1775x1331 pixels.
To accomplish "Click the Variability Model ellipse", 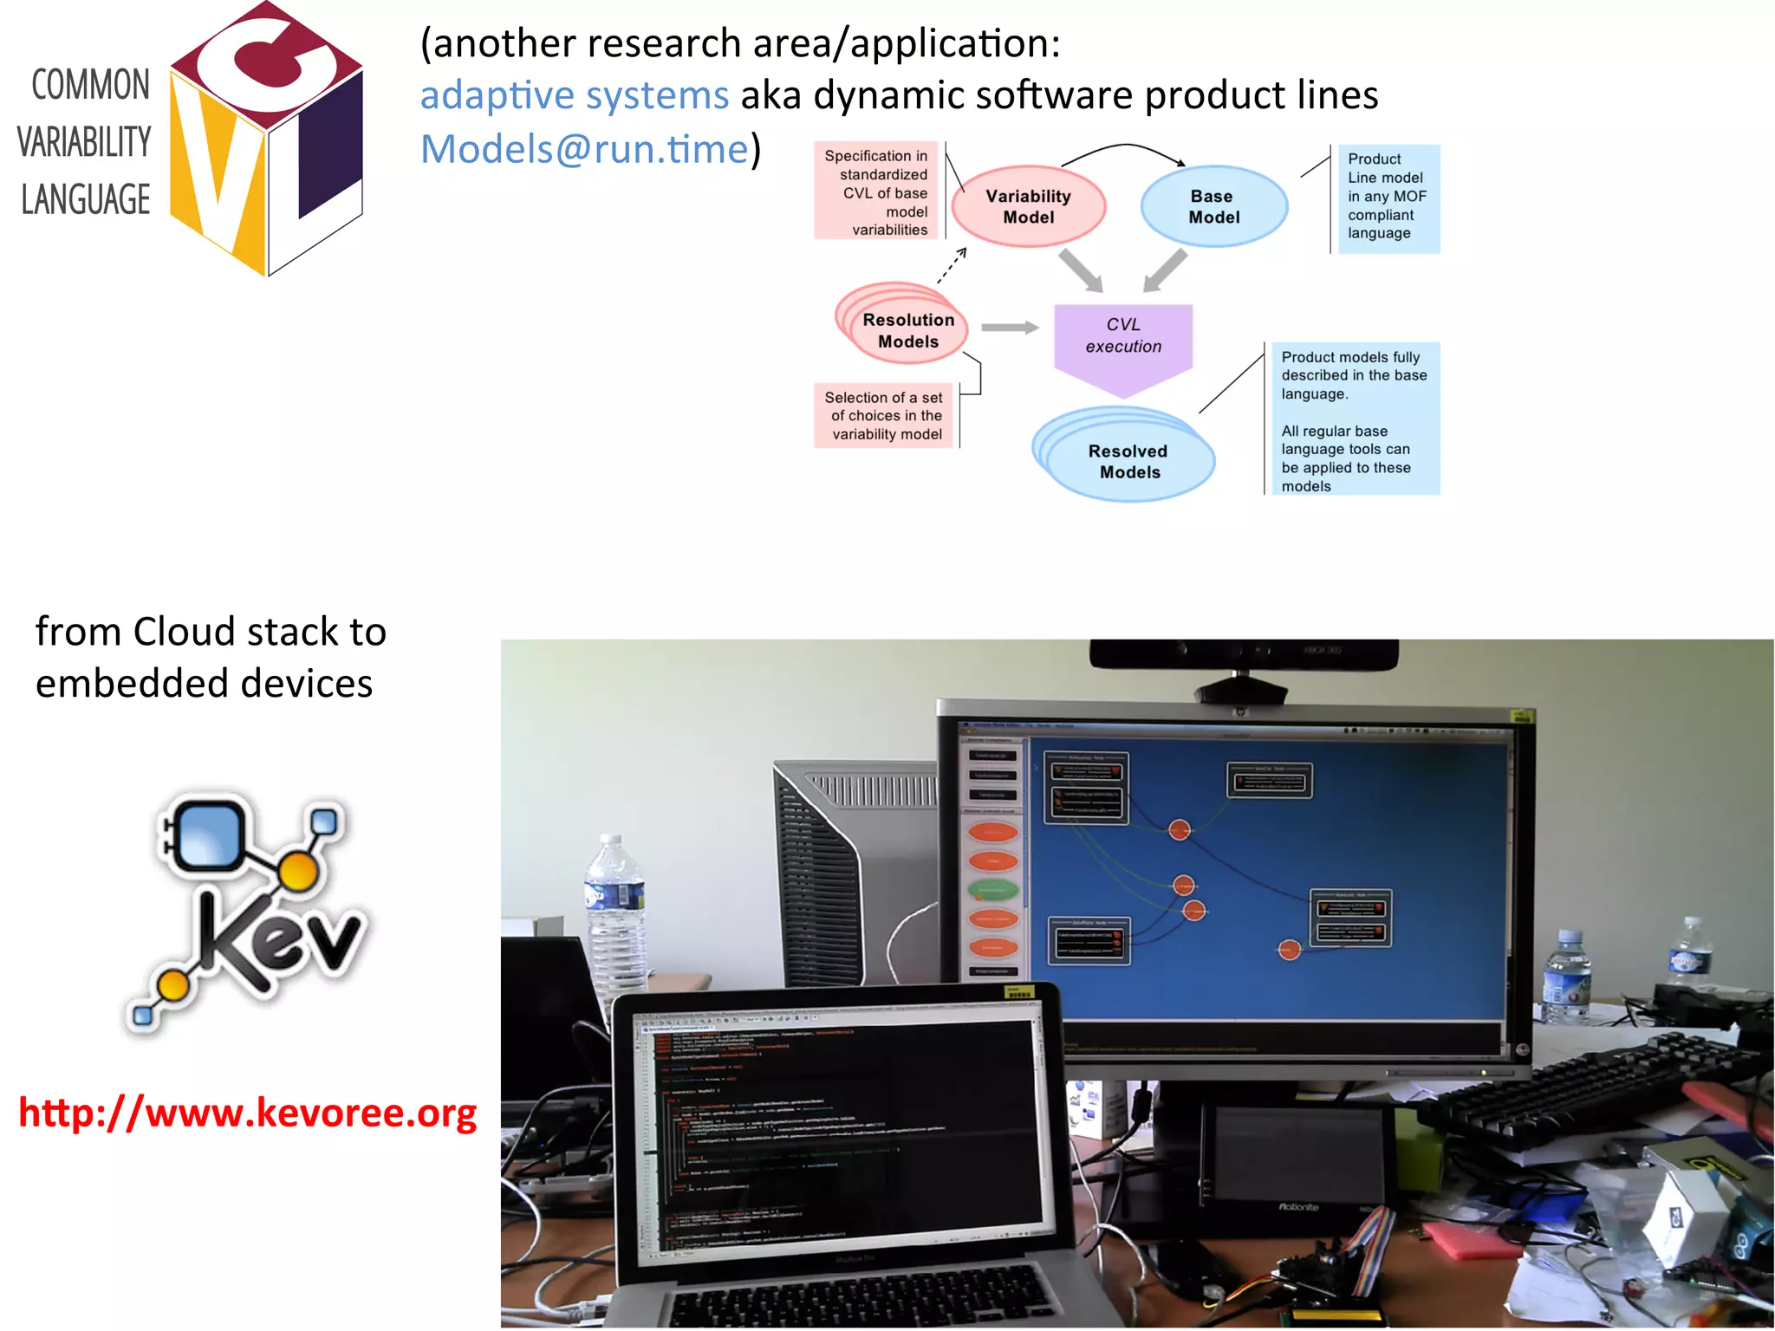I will [x=1028, y=206].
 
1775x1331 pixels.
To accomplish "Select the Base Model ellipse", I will [x=1213, y=206].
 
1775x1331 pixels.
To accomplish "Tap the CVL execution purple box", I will [x=1123, y=338].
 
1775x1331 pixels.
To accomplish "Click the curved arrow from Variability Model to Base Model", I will [x=1123, y=146].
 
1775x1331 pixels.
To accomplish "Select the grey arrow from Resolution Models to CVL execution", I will [x=1009, y=328].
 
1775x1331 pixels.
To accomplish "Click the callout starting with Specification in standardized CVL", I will [x=876, y=192].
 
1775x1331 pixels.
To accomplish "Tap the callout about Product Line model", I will [x=1388, y=197].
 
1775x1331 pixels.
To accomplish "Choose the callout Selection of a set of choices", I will [x=884, y=416].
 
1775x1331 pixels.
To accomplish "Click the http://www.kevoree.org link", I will [x=248, y=1113].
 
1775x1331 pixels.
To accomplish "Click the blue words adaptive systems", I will [x=574, y=95].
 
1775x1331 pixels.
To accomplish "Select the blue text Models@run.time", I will [x=584, y=149].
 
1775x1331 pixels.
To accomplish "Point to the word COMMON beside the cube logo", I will [x=90, y=85].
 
